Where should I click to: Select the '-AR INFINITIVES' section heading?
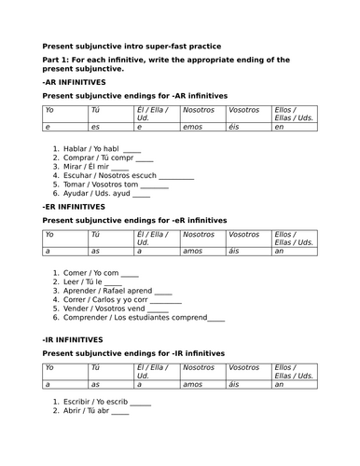[x=74, y=82]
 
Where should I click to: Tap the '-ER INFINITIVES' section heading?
[x=74, y=206]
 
